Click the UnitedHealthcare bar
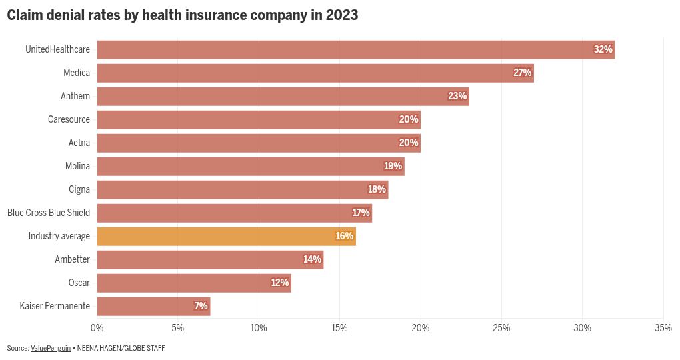[x=355, y=49]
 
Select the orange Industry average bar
[x=226, y=236]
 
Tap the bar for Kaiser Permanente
[x=153, y=306]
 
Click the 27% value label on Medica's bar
[x=522, y=73]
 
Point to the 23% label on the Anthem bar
[x=457, y=96]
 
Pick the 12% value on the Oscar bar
[x=279, y=283]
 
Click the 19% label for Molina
[x=393, y=166]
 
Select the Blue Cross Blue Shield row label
[x=49, y=213]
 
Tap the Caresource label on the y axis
[x=69, y=119]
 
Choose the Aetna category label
[x=79, y=143]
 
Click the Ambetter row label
[x=72, y=259]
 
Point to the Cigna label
[x=79, y=189]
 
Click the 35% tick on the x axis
[x=663, y=327]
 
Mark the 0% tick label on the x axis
[x=97, y=327]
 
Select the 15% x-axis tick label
[x=339, y=327]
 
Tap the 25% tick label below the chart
[x=501, y=327]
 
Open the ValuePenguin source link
[x=51, y=348]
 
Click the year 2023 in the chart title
[x=341, y=15]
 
